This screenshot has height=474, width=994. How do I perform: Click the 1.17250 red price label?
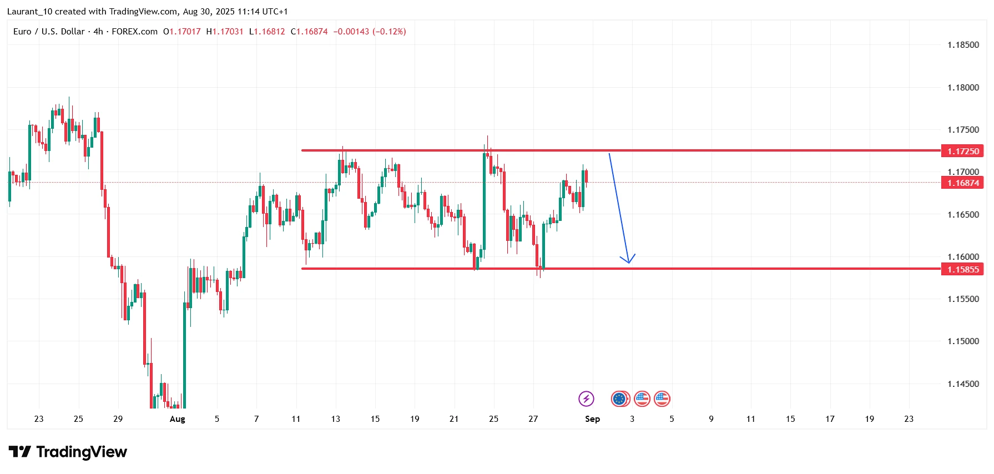coord(962,151)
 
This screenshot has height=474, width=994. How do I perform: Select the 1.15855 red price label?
coord(962,269)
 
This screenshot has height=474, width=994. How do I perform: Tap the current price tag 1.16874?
coord(962,183)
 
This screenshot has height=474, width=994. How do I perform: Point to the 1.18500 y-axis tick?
coord(963,45)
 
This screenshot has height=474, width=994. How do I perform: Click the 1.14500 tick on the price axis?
coord(963,384)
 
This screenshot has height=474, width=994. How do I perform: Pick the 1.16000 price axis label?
coord(963,256)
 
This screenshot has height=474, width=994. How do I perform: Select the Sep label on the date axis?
coord(592,419)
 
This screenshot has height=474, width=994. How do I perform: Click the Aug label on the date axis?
coord(177,419)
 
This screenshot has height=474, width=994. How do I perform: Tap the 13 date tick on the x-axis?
coord(335,419)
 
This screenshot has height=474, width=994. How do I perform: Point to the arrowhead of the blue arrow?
coord(628,261)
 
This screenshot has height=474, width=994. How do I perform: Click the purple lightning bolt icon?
coord(586,399)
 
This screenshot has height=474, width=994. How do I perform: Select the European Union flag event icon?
coord(619,399)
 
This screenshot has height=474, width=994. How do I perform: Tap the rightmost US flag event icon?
coord(662,399)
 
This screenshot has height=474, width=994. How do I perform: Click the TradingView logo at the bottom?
coord(68,452)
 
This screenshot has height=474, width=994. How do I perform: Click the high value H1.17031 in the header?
coord(225,32)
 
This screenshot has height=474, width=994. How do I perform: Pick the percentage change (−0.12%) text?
coord(389,32)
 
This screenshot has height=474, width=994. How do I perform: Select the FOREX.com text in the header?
coord(134,32)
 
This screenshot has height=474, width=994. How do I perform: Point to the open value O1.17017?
coord(182,32)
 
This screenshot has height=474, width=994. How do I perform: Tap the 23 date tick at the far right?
coord(909,419)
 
